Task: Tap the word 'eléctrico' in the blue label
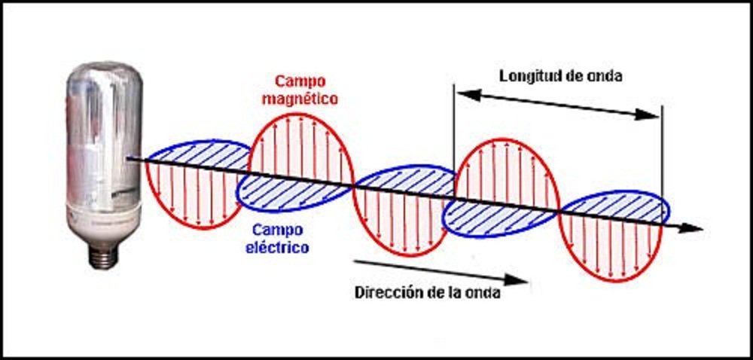pos(280,246)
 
